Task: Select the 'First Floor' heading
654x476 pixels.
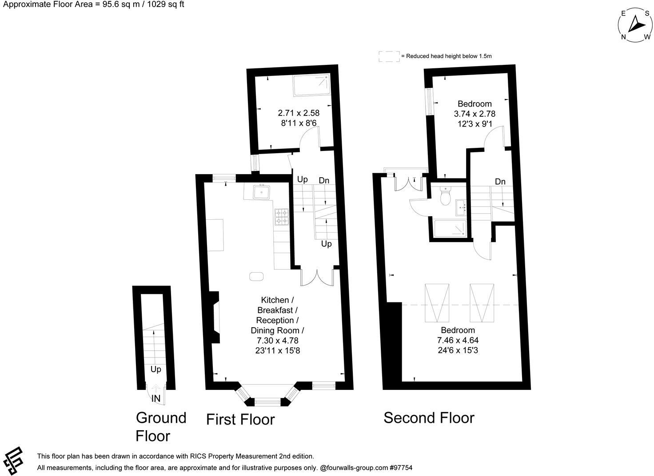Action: tap(240, 419)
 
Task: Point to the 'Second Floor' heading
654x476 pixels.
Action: tap(429, 418)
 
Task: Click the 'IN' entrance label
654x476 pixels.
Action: tap(156, 399)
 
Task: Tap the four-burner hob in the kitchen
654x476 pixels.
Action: tap(281, 216)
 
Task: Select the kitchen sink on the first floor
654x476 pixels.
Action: tap(262, 192)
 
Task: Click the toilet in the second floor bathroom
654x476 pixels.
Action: tap(445, 197)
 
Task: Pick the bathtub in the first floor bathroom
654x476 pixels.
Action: tap(311, 85)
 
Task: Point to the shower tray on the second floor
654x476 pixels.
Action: tap(451, 228)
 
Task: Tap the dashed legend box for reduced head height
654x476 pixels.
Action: tap(389, 56)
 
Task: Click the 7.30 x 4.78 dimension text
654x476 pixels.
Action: tap(277, 341)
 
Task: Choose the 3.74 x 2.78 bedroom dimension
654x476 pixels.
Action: tap(475, 114)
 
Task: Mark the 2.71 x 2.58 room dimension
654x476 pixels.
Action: tap(299, 113)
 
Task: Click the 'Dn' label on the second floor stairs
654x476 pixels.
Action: tap(500, 181)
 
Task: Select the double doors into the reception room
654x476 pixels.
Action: tap(317, 277)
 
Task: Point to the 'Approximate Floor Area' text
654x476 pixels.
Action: tap(94, 4)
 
